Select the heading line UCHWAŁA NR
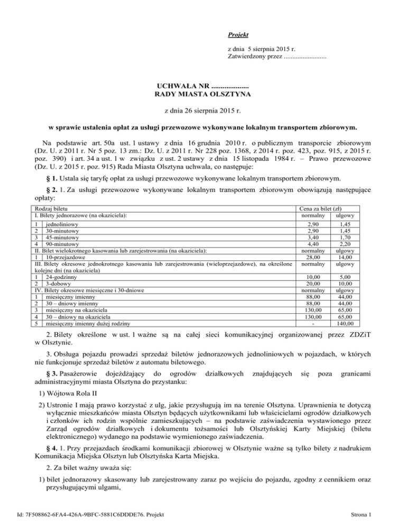coord(203,85)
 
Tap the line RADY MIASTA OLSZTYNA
coord(203,95)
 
